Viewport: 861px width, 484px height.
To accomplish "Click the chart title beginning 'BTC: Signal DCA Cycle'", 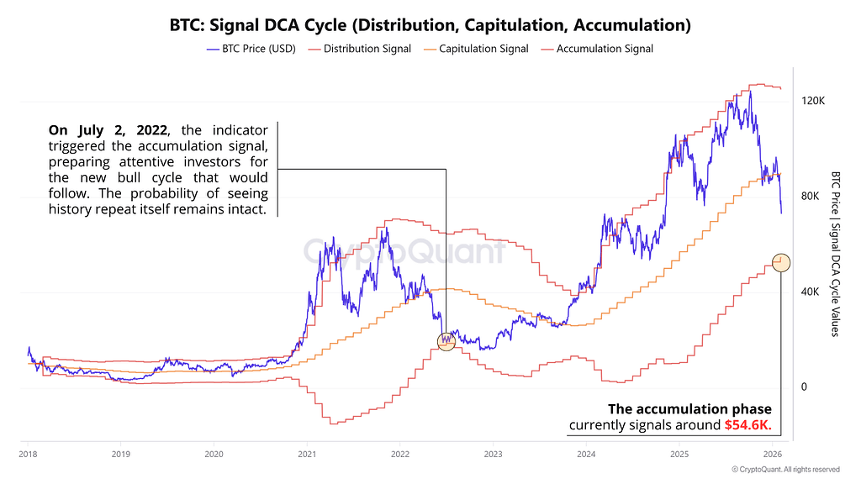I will [430, 25].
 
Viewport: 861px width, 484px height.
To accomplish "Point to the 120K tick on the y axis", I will [813, 100].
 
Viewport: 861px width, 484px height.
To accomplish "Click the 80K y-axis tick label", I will [811, 196].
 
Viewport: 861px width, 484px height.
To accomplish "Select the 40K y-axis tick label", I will [811, 292].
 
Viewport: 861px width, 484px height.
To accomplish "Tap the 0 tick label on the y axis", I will [804, 387].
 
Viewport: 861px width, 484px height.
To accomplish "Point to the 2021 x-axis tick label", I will [307, 454].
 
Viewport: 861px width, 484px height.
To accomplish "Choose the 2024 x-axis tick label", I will [587, 454].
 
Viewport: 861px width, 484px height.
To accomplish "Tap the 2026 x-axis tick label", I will [773, 454].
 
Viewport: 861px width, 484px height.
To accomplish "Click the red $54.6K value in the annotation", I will [747, 425].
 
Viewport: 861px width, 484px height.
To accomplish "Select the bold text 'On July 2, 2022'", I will [108, 130].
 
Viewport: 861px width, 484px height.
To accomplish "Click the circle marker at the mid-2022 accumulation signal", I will [446, 340].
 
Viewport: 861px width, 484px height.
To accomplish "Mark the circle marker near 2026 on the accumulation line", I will [781, 262].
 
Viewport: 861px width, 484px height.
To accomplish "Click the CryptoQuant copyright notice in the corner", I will [785, 470].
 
